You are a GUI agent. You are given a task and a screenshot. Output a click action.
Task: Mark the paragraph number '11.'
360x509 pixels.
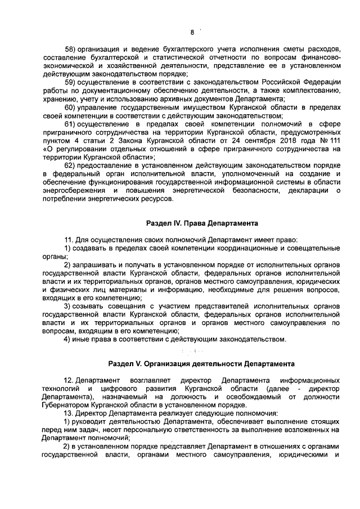pyautogui.click(x=69, y=240)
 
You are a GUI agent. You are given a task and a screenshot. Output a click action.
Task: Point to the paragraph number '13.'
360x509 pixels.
pyautogui.click(x=69, y=413)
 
